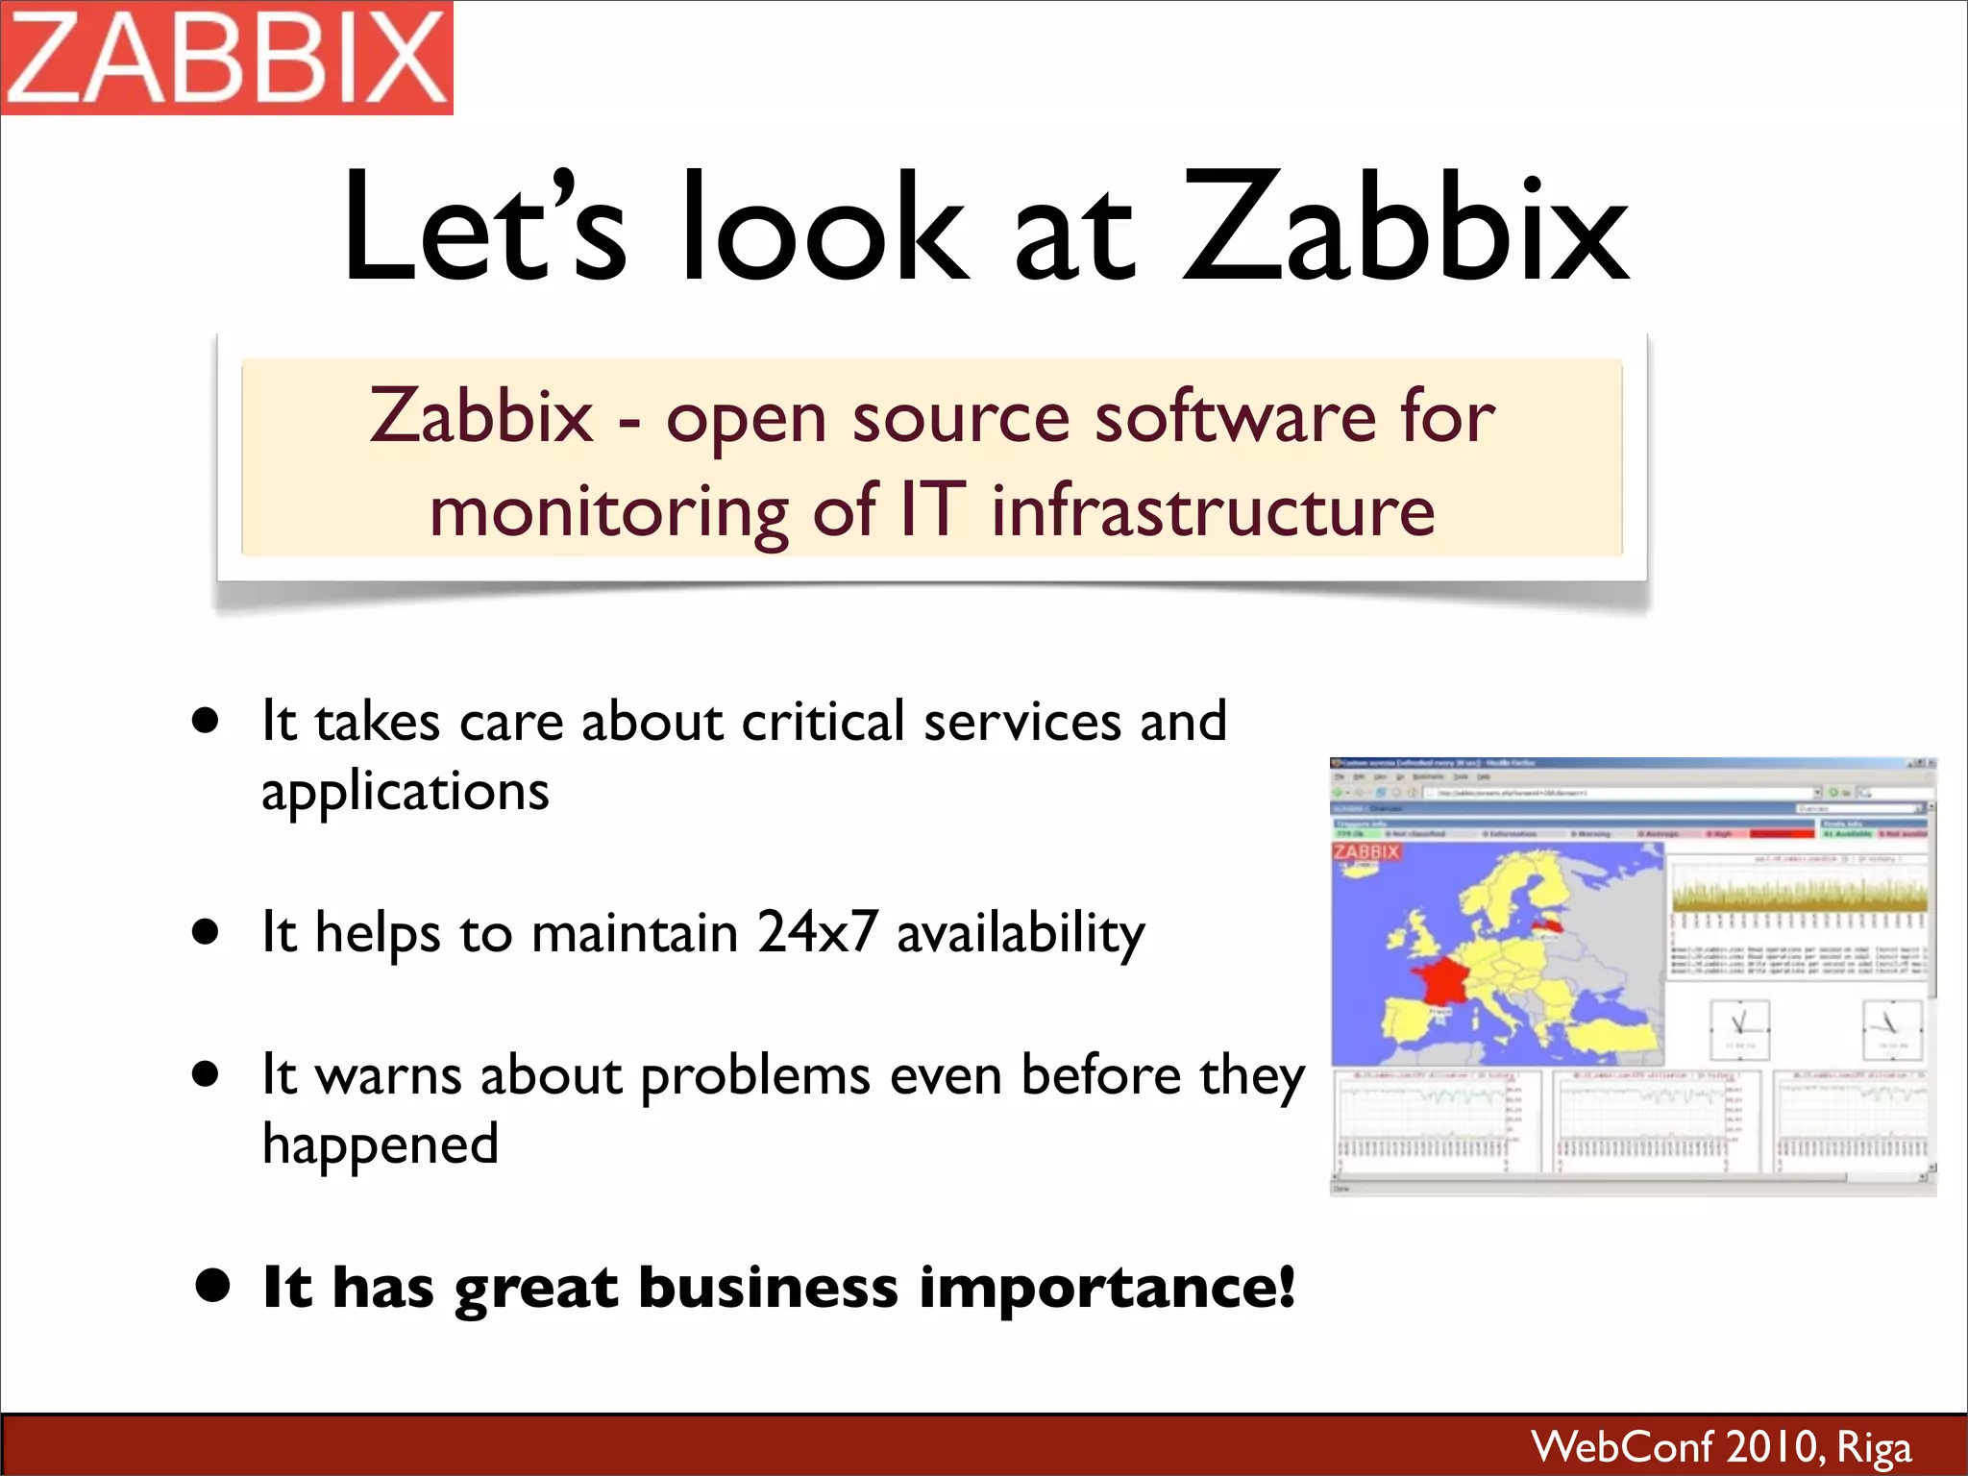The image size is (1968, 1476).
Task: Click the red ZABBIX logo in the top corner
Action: (x=227, y=58)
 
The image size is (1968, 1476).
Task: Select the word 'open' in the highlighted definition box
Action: (x=746, y=421)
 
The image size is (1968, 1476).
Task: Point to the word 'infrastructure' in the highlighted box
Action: (x=1213, y=510)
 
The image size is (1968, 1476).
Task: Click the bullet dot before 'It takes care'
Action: (x=205, y=722)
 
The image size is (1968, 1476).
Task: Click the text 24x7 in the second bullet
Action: (x=817, y=931)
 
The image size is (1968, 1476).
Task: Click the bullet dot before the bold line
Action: (x=211, y=1285)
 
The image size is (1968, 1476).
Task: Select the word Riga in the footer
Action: (x=1873, y=1447)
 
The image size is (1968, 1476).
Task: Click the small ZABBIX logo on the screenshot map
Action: (x=1365, y=851)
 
